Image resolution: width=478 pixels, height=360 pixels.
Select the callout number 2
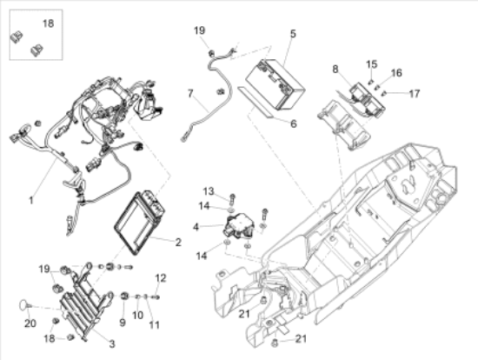pyautogui.click(x=177, y=241)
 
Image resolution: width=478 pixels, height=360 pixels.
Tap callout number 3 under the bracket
pyautogui.click(x=110, y=343)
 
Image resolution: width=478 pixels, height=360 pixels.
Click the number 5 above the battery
pyautogui.click(x=293, y=34)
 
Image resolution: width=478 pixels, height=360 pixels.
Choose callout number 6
pyautogui.click(x=293, y=124)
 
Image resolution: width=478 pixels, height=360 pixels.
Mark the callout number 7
pyautogui.click(x=190, y=92)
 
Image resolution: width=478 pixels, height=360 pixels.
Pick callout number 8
pyautogui.click(x=335, y=68)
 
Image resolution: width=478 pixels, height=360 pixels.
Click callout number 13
pyautogui.click(x=209, y=190)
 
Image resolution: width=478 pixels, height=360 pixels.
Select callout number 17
pyautogui.click(x=414, y=93)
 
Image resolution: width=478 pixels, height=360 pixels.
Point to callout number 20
pyautogui.click(x=30, y=323)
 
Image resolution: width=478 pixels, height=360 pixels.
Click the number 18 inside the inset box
pyautogui.click(x=47, y=23)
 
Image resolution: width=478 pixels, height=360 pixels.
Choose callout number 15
pyautogui.click(x=371, y=64)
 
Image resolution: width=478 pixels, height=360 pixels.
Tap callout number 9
pyautogui.click(x=122, y=323)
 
